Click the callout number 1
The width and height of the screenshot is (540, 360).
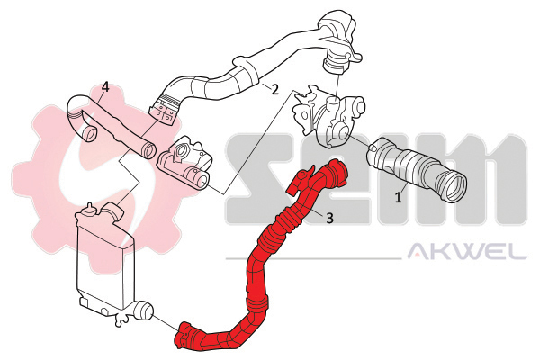[398, 198]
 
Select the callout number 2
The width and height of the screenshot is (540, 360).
[274, 90]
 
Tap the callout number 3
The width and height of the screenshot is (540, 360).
[329, 218]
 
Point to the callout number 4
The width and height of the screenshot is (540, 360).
[105, 86]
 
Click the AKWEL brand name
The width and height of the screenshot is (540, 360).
[467, 251]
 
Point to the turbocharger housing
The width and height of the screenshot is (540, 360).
[328, 115]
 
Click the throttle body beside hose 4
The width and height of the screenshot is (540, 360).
[184, 161]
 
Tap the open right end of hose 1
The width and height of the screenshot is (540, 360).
[451, 187]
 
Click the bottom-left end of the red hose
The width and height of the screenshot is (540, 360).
[184, 337]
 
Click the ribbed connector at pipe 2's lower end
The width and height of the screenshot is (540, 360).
[166, 107]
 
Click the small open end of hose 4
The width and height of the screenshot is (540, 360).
[90, 134]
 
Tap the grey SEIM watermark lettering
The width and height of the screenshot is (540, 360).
[376, 179]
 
